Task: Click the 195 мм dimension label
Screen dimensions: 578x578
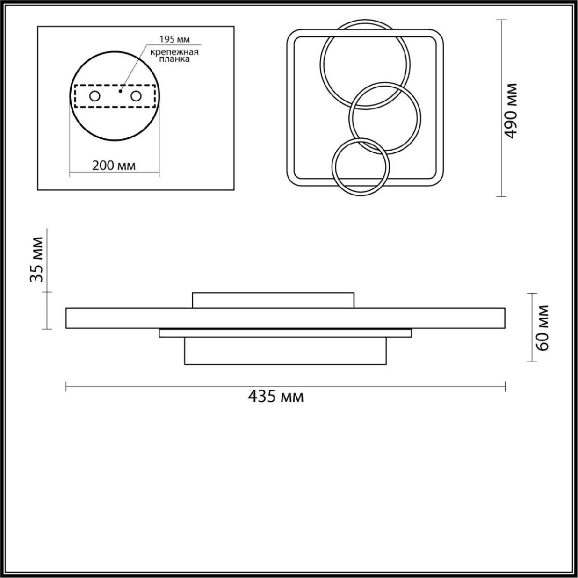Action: (x=174, y=39)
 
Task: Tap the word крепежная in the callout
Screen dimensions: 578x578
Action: (x=174, y=52)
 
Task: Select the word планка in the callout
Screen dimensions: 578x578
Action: (x=174, y=59)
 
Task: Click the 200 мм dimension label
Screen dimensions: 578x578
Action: (x=114, y=166)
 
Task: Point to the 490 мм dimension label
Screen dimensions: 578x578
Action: (x=510, y=111)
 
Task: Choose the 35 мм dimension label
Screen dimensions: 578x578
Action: (x=37, y=260)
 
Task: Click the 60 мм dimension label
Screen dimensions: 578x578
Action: (x=542, y=328)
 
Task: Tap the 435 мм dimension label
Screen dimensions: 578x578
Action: (x=276, y=397)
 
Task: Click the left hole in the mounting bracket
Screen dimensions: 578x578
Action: (x=95, y=96)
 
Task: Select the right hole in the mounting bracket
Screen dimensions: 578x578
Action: (x=135, y=96)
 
